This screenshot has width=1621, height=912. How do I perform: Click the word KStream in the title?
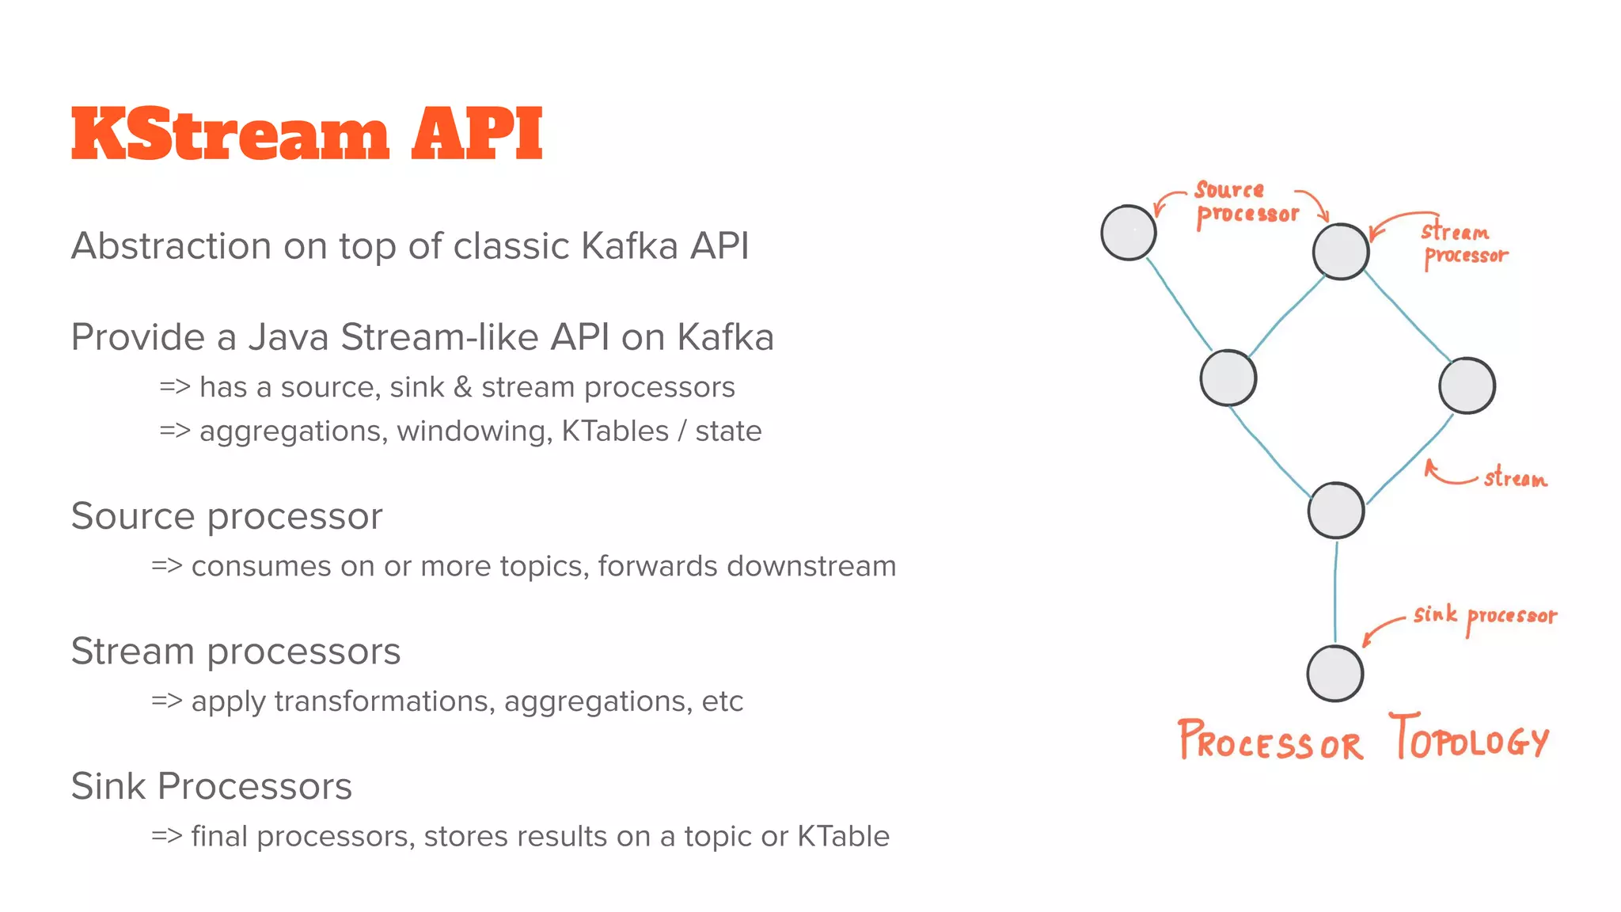pyautogui.click(x=230, y=135)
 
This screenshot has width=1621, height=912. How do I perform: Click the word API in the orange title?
pyautogui.click(x=476, y=135)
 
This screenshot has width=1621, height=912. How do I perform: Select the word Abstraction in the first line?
pyautogui.click(x=171, y=246)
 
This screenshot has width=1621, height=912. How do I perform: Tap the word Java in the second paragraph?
pyautogui.click(x=288, y=337)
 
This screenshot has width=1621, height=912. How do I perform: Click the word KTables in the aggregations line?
pyautogui.click(x=615, y=431)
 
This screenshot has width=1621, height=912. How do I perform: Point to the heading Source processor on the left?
pyautogui.click(x=226, y=516)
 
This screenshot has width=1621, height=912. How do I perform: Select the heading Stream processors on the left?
pyautogui.click(x=235, y=652)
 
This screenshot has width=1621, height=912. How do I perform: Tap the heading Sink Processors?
pyautogui.click(x=211, y=787)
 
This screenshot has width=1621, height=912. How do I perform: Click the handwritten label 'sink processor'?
pyautogui.click(x=1485, y=616)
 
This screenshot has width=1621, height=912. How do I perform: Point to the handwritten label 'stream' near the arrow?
pyautogui.click(x=1514, y=478)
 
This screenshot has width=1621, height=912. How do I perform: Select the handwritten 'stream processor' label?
pyautogui.click(x=1463, y=244)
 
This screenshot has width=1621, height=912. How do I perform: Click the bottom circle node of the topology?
pyautogui.click(x=1335, y=674)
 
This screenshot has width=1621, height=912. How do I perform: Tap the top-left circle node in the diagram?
pyautogui.click(x=1129, y=233)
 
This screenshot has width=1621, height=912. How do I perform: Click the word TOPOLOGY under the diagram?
pyautogui.click(x=1469, y=739)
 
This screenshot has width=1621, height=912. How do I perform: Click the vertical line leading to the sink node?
pyautogui.click(x=1336, y=590)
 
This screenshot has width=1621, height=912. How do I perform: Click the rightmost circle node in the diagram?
pyautogui.click(x=1467, y=386)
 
